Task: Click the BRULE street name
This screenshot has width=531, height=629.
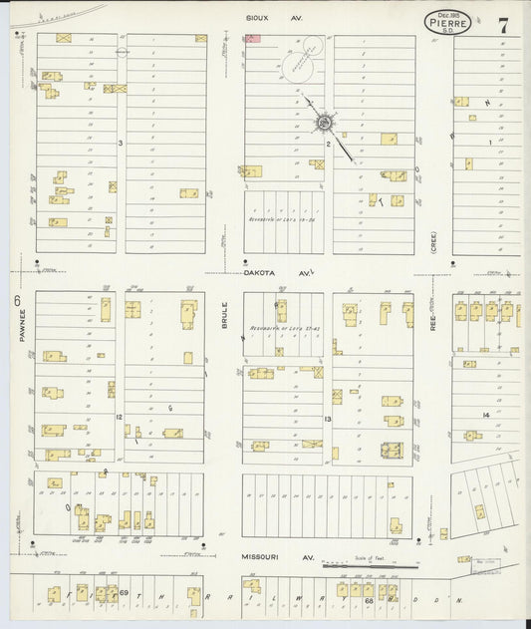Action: [225, 316]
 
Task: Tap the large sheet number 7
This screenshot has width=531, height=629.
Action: [503, 26]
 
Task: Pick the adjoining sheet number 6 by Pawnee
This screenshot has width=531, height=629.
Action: [17, 300]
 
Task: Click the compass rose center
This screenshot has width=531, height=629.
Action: [325, 123]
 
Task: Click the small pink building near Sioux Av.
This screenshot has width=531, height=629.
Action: [252, 38]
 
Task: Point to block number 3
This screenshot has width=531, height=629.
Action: [121, 144]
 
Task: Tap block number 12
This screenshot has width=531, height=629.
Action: [118, 416]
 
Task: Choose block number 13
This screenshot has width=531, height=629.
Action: [327, 420]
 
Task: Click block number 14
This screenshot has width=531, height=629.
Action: [486, 414]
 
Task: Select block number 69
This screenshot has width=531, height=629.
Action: [126, 594]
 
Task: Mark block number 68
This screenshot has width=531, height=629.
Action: [368, 601]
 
